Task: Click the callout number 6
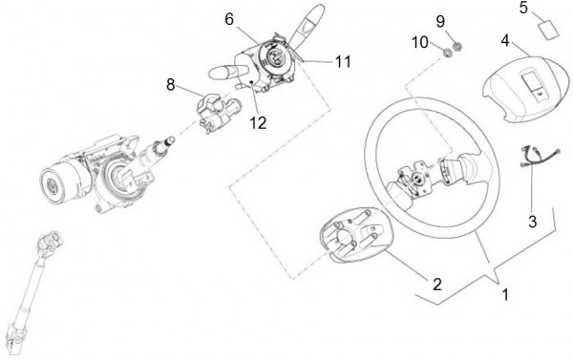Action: (x=229, y=19)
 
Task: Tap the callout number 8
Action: (x=171, y=85)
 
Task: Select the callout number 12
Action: (x=258, y=123)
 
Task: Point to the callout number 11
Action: (x=343, y=61)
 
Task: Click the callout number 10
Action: (x=420, y=42)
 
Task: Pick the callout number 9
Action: (x=440, y=22)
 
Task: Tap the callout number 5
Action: (x=523, y=8)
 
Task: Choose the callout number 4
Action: (x=505, y=40)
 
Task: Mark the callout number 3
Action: (x=533, y=222)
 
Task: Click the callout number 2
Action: (x=437, y=285)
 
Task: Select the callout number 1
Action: (x=506, y=295)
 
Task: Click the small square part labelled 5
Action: (x=549, y=30)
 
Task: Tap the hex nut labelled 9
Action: (x=457, y=47)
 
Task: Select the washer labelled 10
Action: (x=447, y=53)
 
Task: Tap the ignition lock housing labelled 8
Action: (x=216, y=113)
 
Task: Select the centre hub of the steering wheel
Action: (x=416, y=179)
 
